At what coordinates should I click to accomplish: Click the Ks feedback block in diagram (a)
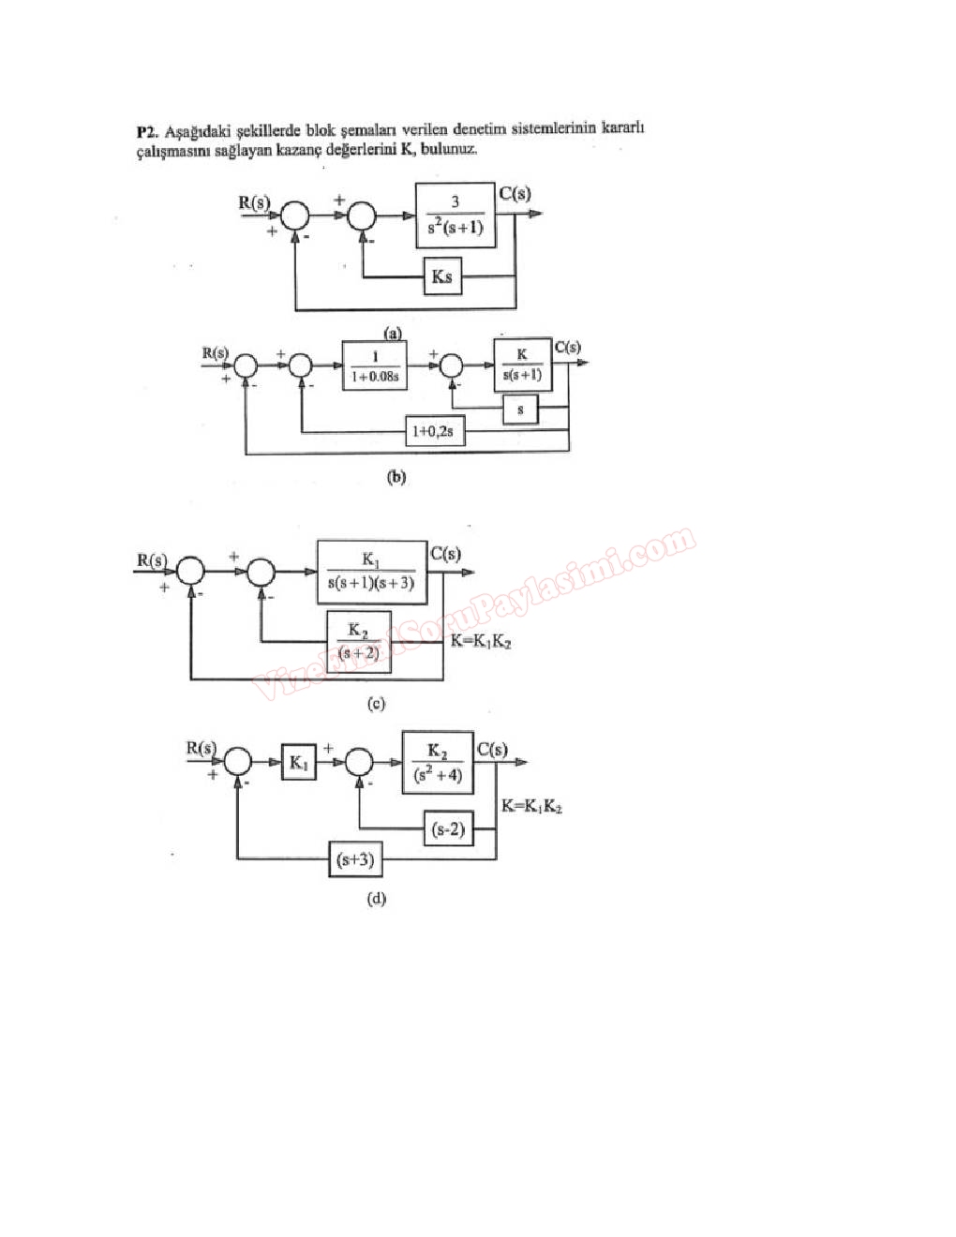[x=442, y=276]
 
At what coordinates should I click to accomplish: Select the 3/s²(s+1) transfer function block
[x=456, y=216]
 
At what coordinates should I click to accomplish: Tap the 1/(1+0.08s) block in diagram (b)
[x=375, y=365]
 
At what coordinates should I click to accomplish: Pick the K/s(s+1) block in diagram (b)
[x=522, y=365]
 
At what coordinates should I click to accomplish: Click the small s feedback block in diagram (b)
[x=520, y=410]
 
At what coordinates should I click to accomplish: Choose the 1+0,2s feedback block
[x=434, y=431]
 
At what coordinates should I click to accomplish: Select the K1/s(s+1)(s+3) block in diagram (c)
[x=372, y=572]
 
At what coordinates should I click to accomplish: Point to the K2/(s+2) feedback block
[x=358, y=641]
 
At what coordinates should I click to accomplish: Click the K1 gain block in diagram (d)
[x=298, y=763]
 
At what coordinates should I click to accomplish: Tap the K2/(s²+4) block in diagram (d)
[x=438, y=763]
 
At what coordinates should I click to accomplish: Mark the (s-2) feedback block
[x=448, y=828]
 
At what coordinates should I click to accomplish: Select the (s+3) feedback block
[x=355, y=858]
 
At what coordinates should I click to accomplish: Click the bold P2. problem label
[x=147, y=131]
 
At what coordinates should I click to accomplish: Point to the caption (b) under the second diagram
[x=396, y=477]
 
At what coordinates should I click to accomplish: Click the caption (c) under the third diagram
[x=376, y=704]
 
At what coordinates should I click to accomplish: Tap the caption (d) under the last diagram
[x=376, y=899]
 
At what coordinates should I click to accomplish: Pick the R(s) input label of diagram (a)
[x=253, y=201]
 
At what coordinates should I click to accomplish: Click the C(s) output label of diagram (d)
[x=492, y=750]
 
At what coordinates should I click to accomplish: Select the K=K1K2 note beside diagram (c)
[x=481, y=641]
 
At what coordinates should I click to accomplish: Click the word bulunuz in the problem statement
[x=449, y=149]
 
